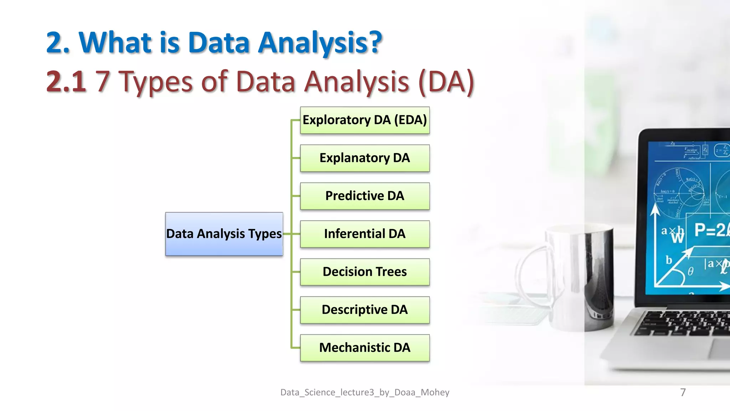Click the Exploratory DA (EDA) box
[365, 120]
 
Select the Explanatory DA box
[365, 158]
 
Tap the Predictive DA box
[365, 196]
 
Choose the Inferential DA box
[365, 234]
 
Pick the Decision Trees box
[365, 272]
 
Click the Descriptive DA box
[365, 310]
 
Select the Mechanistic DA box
[365, 348]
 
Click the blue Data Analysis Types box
[224, 234]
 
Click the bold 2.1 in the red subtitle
[66, 81]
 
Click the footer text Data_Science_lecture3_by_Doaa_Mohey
[365, 392]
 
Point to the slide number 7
[683, 392]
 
